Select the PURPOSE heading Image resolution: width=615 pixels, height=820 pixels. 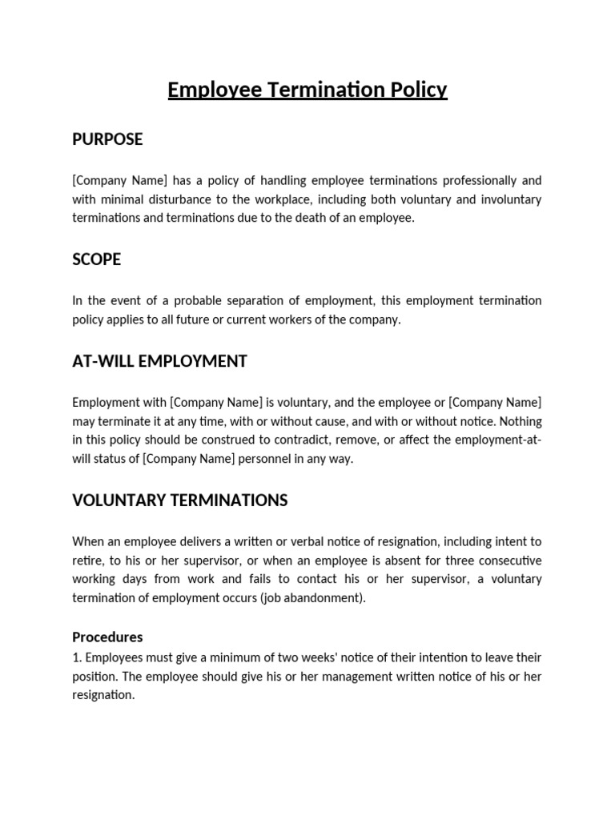(x=107, y=139)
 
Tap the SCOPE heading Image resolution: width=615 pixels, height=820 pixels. (x=96, y=259)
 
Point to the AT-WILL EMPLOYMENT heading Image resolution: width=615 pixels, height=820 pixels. (x=159, y=361)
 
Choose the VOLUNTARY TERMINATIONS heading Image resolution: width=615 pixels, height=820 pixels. (x=179, y=500)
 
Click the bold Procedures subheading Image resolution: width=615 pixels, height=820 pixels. (x=107, y=637)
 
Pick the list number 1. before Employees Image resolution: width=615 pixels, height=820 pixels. (x=77, y=657)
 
